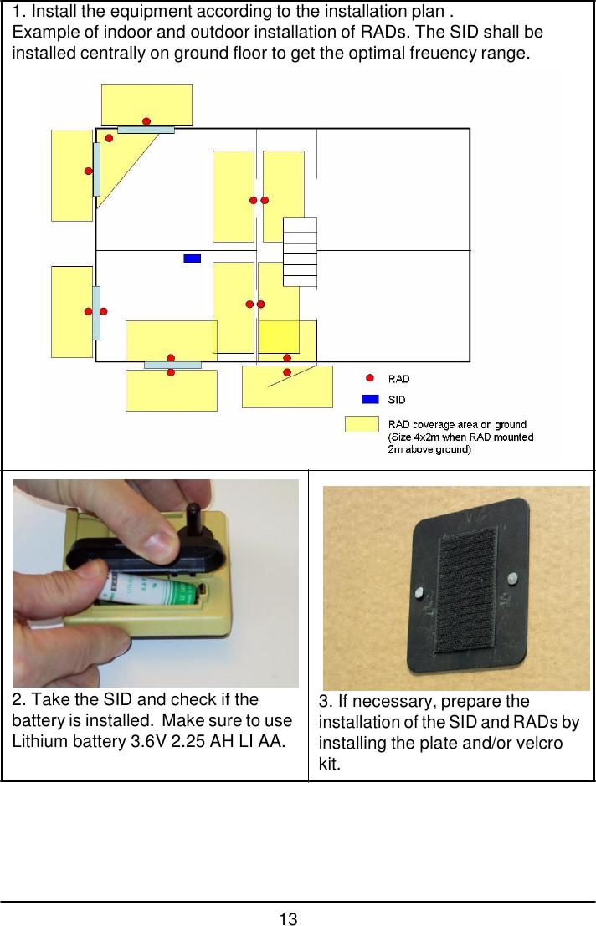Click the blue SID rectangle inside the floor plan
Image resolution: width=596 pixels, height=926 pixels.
[x=192, y=258]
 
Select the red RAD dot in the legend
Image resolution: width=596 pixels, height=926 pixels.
[x=370, y=379]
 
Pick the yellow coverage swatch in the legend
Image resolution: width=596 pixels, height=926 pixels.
[x=362, y=424]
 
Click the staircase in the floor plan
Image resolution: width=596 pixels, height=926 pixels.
[x=300, y=252]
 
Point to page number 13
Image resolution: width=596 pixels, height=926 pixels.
[x=288, y=919]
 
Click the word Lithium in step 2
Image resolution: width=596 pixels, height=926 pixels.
[x=36, y=741]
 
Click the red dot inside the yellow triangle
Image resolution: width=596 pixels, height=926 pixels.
[x=109, y=138]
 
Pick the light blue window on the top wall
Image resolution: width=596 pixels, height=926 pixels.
[x=146, y=130]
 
